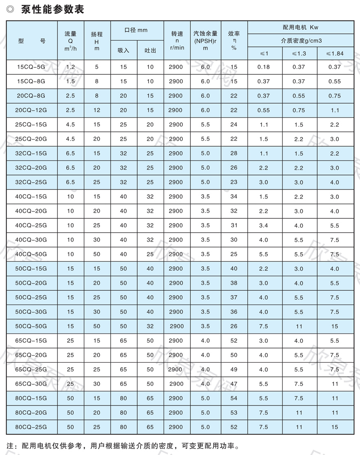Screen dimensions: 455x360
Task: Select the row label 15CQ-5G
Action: click(x=32, y=67)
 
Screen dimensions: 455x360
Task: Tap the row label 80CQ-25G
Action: click(x=32, y=427)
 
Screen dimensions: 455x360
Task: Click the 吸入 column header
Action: click(x=123, y=50)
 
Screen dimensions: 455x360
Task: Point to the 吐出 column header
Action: click(x=150, y=50)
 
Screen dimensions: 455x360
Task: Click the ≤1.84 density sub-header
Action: click(x=335, y=53)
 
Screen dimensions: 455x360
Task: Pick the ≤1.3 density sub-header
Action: click(x=299, y=53)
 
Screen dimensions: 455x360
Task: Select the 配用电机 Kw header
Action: click(x=300, y=27)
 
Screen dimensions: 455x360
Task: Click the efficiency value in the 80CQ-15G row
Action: click(x=234, y=398)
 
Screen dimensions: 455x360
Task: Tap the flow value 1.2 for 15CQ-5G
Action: click(x=70, y=67)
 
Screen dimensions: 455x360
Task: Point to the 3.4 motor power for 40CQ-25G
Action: click(x=264, y=225)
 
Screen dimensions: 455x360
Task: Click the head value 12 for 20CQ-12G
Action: click(x=96, y=110)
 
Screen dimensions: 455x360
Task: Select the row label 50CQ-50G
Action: click(x=32, y=326)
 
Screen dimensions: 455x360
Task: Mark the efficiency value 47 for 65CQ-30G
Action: click(x=234, y=384)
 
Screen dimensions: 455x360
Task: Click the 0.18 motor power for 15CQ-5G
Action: click(x=264, y=67)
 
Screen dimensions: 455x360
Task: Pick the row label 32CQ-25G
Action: click(x=32, y=182)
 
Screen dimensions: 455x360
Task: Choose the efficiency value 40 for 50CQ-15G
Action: click(x=234, y=269)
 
